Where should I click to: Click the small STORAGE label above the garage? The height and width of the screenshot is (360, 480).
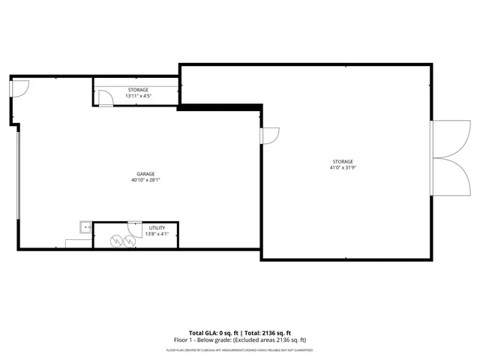137,89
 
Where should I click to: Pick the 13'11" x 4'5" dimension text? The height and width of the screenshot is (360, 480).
137,96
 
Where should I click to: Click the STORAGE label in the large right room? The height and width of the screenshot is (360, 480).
343,161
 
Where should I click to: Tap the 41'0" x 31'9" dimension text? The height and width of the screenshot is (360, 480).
343,168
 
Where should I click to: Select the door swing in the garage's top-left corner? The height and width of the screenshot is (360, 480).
19,88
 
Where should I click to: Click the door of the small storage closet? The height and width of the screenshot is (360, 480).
106,98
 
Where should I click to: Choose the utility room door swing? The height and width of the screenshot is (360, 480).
135,228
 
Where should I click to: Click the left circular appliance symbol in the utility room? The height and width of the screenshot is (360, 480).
116,241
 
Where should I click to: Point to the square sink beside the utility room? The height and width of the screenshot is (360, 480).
86,226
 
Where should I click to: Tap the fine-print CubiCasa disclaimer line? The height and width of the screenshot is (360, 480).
239,349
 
